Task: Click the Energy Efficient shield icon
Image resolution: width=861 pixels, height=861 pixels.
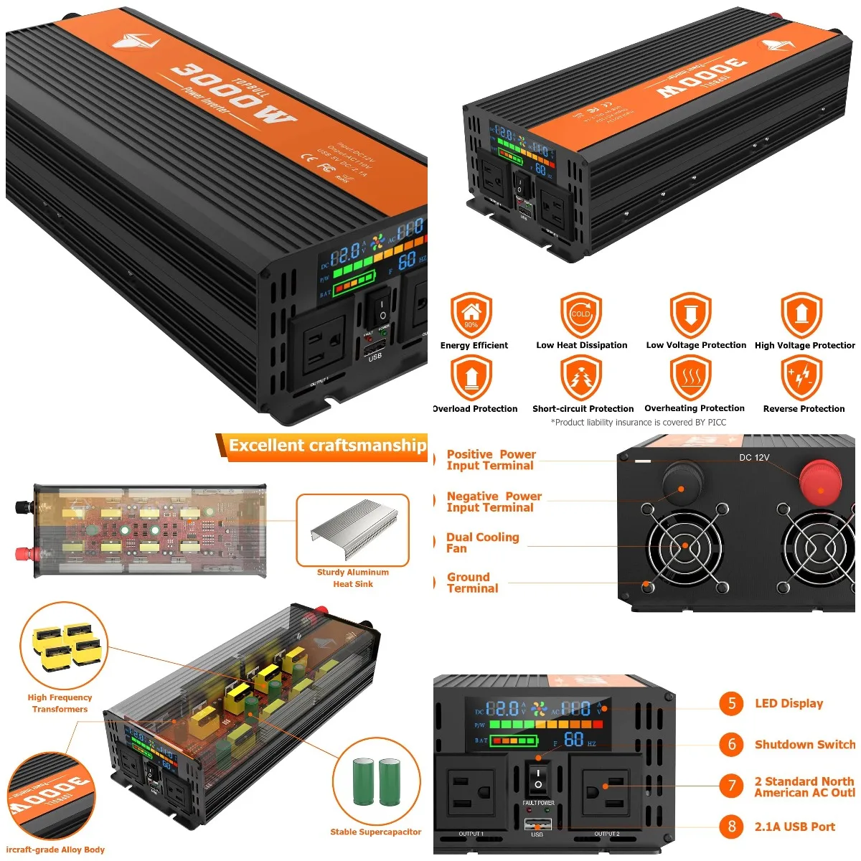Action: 471,314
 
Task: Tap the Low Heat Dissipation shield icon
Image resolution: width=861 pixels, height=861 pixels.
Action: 580,314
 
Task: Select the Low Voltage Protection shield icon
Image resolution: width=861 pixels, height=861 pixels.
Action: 690,314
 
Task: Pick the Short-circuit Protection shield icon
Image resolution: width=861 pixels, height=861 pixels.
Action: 580,377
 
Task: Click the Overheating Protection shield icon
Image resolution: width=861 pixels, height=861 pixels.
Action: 690,377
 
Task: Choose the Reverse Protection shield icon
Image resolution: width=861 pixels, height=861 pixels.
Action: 801,377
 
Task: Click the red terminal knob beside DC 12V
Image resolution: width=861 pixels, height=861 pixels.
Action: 822,481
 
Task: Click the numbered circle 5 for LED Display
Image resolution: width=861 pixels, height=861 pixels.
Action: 731,703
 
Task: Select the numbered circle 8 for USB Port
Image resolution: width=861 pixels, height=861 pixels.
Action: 731,827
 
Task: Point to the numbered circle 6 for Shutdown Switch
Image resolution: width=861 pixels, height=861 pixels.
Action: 731,744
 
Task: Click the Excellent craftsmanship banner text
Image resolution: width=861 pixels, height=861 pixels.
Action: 327,446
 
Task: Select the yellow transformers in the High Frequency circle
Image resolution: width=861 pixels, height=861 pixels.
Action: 62,646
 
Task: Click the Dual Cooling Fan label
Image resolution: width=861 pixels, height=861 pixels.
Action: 482,542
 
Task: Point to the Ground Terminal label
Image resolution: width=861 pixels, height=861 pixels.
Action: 472,583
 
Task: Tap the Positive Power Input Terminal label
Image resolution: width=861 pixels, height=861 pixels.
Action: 491,460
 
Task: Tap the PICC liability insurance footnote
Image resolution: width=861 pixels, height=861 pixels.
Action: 638,423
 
